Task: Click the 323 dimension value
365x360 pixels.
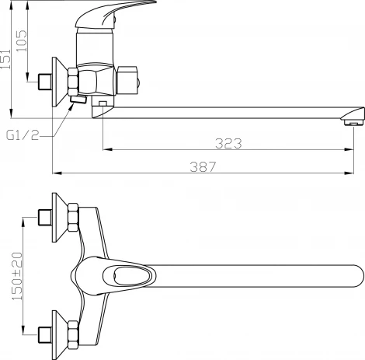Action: click(x=228, y=143)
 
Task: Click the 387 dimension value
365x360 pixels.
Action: click(x=203, y=166)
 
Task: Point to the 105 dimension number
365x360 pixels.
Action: click(x=22, y=41)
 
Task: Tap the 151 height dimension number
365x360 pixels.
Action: click(x=5, y=59)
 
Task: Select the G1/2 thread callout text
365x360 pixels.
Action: click(x=23, y=135)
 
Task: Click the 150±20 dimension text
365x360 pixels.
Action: click(x=17, y=276)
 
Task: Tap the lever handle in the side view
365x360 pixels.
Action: click(x=115, y=13)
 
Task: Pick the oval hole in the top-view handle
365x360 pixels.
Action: click(x=131, y=276)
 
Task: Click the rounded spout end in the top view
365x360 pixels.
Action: click(x=357, y=276)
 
